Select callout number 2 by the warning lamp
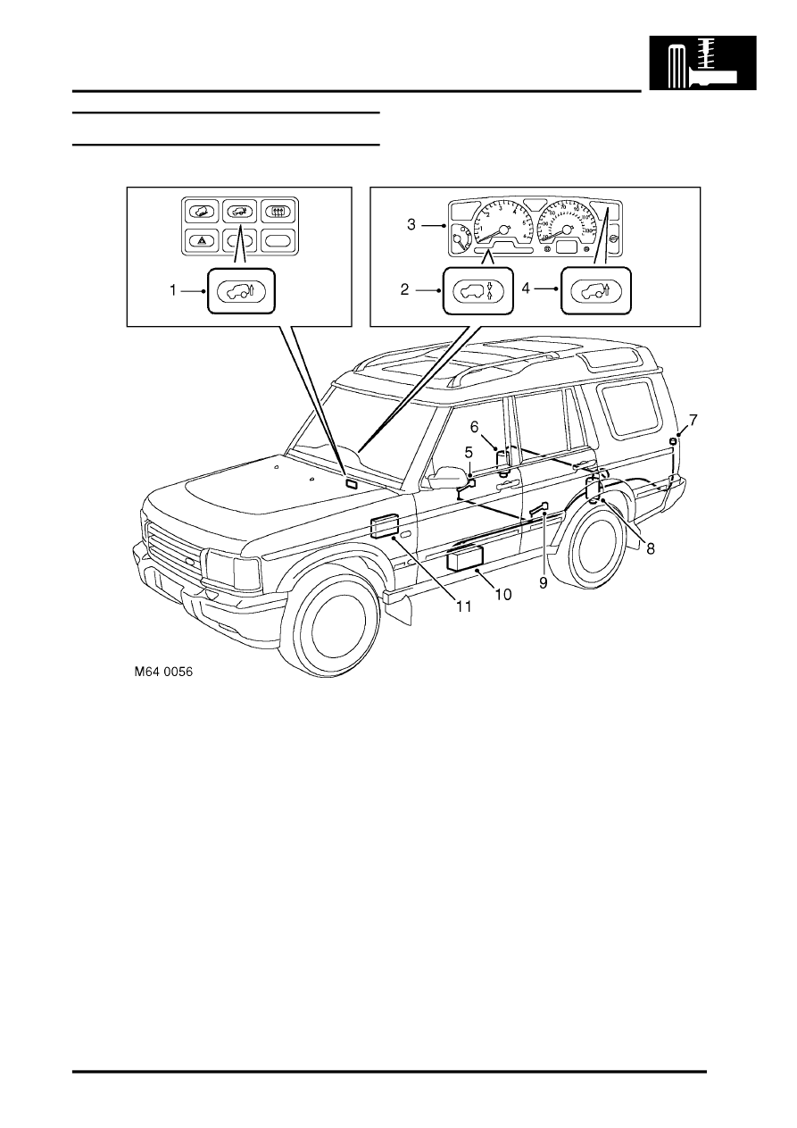pyautogui.click(x=404, y=289)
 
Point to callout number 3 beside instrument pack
pyautogui.click(x=411, y=224)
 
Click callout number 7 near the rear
pyautogui.click(x=693, y=419)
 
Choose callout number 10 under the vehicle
pyautogui.click(x=503, y=594)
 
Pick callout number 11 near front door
pyautogui.click(x=464, y=606)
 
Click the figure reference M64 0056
pyautogui.click(x=163, y=675)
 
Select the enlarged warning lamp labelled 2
pyautogui.click(x=477, y=290)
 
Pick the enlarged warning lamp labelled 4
pyautogui.click(x=596, y=290)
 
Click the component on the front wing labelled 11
pyautogui.click(x=384, y=526)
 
